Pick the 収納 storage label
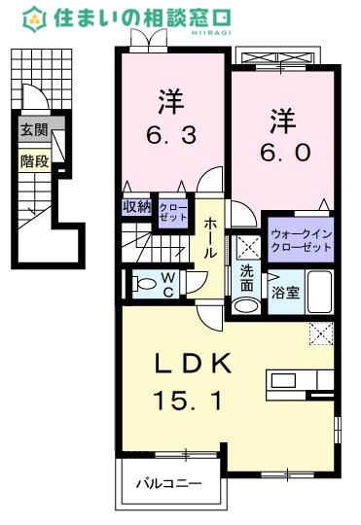point(136,206)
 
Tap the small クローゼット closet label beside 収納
point(170,212)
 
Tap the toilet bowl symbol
point(145,284)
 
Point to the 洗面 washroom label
point(247,279)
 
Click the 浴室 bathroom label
point(286,291)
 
